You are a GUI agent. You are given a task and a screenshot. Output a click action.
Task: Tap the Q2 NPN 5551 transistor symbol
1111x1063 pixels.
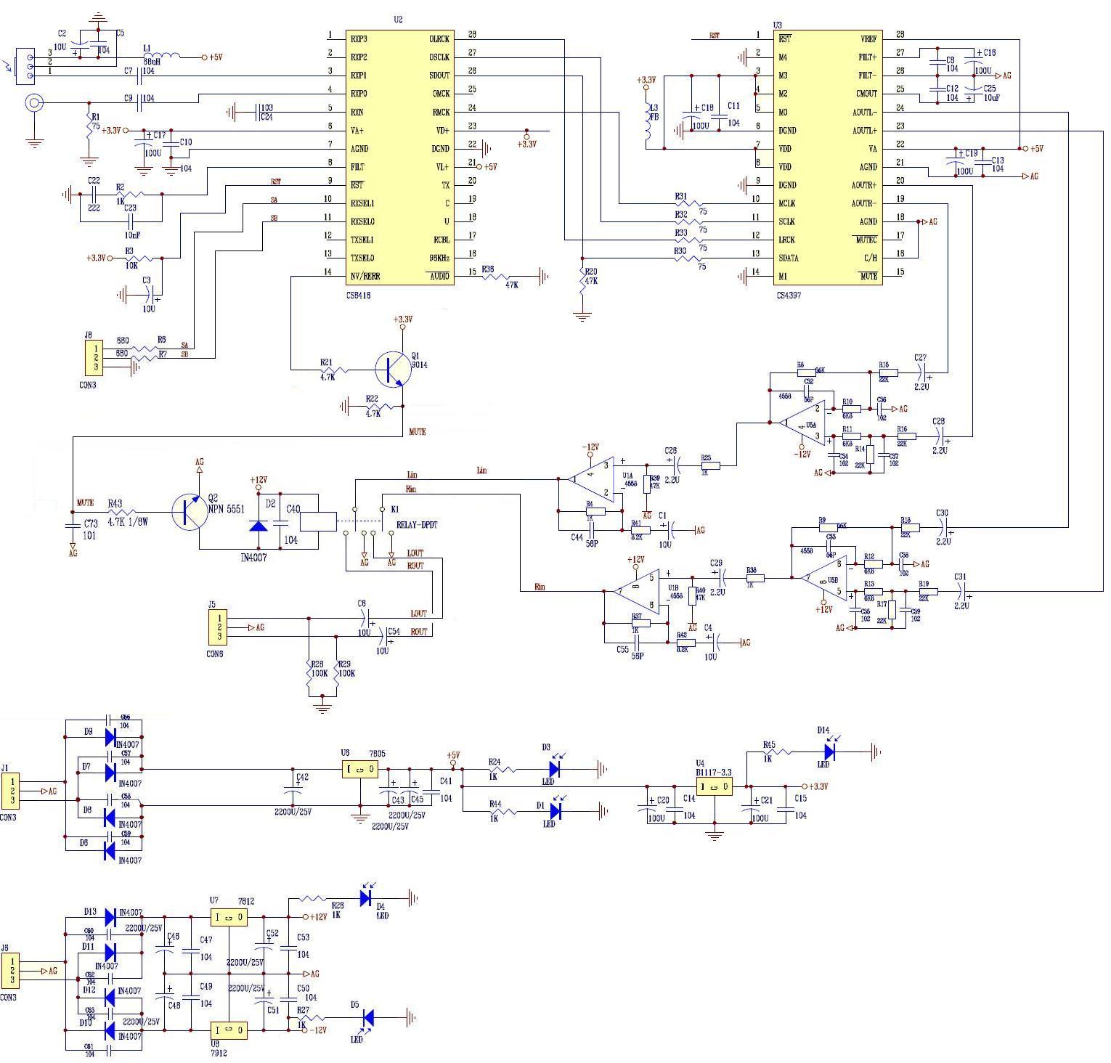point(190,510)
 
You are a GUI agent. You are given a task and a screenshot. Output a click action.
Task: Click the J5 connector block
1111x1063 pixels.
point(216,627)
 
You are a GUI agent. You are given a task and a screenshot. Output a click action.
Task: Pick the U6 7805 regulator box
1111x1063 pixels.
point(360,769)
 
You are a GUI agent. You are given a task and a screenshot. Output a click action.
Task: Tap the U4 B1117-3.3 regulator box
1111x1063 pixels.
point(714,786)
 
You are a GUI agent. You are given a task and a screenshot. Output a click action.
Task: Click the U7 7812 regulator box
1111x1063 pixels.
point(229,917)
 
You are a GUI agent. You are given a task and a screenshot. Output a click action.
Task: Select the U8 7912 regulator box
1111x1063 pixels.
point(229,1030)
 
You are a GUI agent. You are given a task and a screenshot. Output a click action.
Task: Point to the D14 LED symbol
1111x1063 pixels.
point(829,752)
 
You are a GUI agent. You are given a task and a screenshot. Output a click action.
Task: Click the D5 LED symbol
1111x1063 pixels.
point(367,1019)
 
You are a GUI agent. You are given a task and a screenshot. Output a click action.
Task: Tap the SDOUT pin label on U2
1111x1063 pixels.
point(439,75)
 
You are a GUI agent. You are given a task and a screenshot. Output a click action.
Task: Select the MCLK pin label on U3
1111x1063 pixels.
point(786,203)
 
